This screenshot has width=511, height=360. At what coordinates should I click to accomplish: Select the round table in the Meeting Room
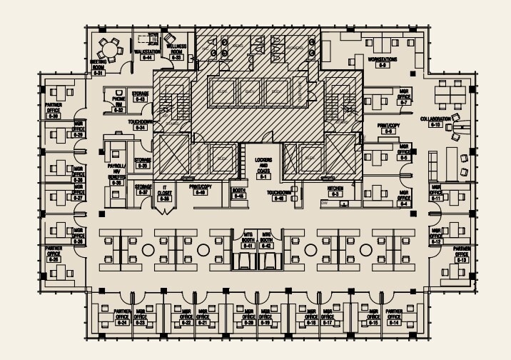click(109, 49)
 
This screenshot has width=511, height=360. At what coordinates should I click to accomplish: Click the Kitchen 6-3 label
click(335, 190)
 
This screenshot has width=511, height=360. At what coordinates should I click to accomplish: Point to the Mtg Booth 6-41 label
click(248, 239)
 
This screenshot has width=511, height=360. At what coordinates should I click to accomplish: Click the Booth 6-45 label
click(238, 193)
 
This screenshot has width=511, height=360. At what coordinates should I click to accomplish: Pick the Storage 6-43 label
click(140, 96)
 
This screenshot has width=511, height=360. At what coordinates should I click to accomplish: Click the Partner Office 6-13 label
click(462, 256)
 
